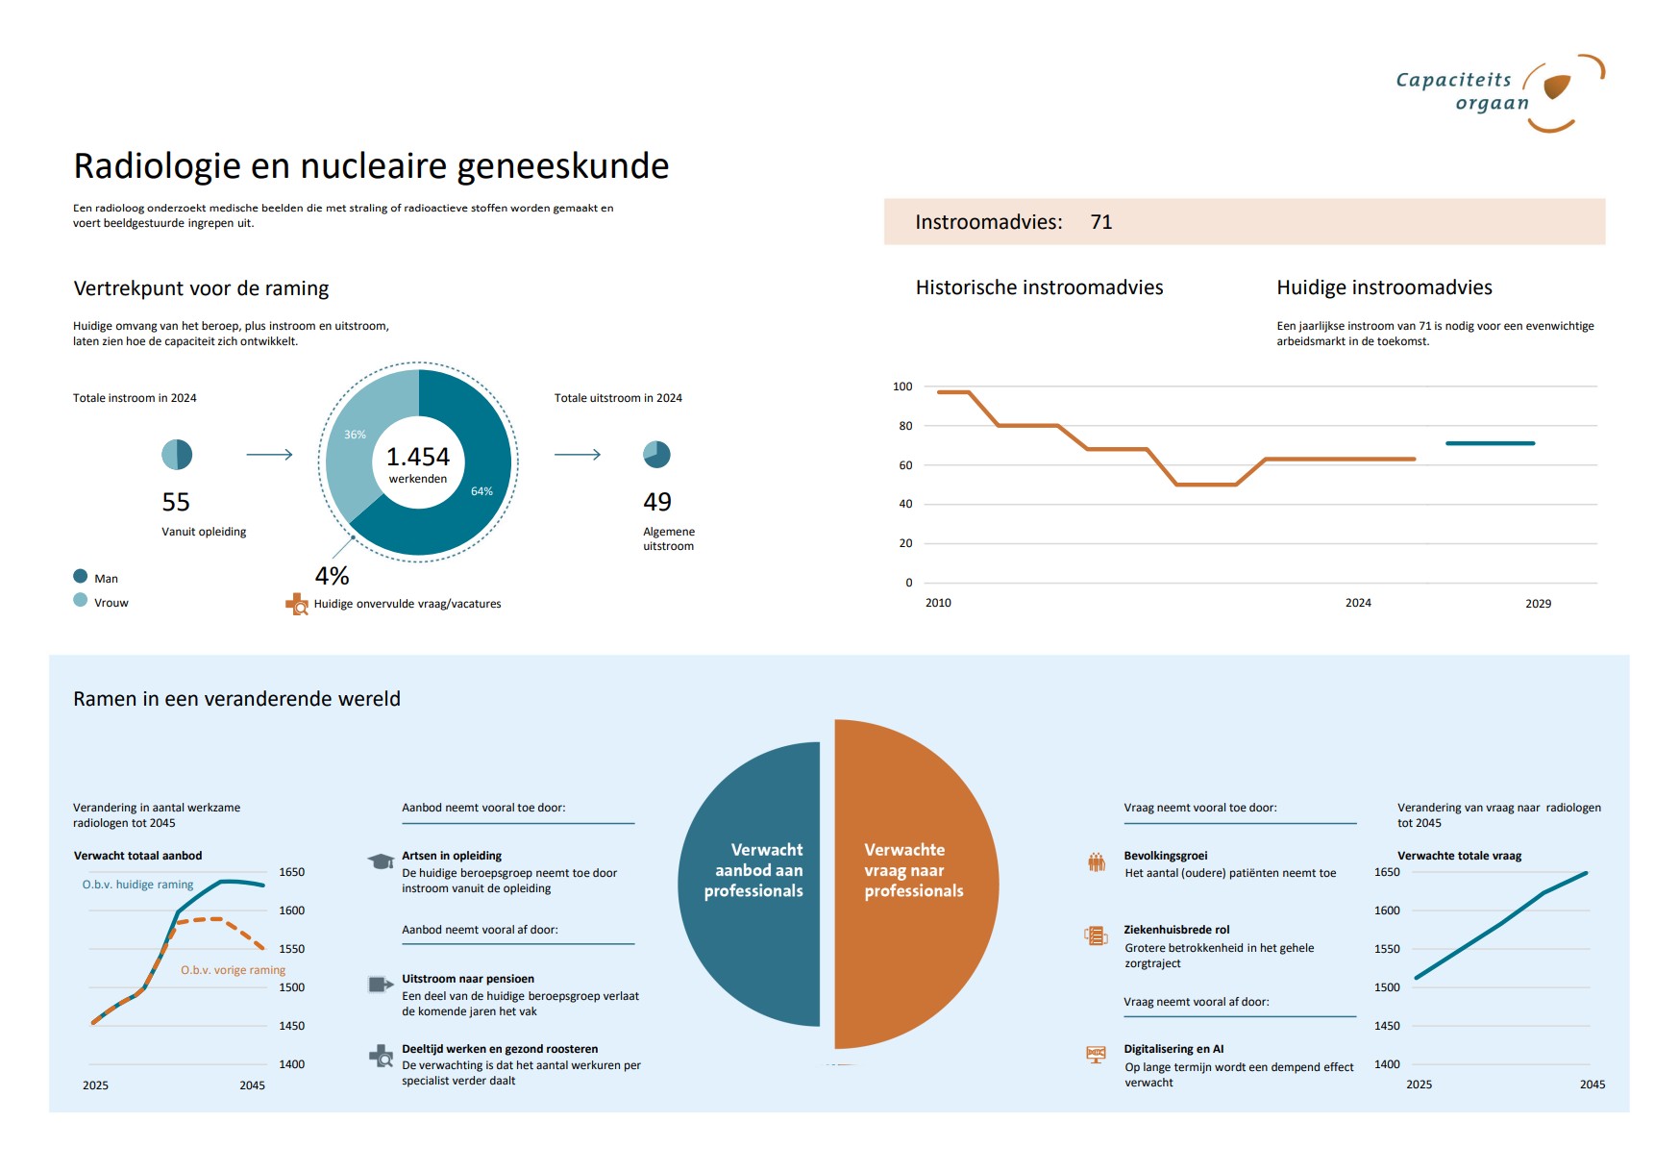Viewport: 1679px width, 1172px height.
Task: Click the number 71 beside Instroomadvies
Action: click(1100, 222)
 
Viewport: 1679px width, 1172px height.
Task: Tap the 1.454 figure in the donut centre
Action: click(417, 457)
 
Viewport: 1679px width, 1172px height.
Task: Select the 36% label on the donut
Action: click(355, 435)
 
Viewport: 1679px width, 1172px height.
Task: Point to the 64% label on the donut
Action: click(481, 491)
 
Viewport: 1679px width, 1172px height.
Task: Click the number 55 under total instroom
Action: click(176, 502)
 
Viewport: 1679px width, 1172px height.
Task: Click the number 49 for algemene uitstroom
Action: click(657, 502)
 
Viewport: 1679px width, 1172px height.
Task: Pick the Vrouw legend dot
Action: click(81, 600)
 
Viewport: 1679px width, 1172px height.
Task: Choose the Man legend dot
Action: click(81, 576)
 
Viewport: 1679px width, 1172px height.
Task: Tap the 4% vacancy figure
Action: click(332, 576)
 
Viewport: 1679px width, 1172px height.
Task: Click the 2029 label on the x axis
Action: click(1538, 604)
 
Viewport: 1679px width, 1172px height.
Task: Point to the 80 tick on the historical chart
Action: click(905, 426)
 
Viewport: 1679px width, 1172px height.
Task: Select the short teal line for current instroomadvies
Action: click(1490, 443)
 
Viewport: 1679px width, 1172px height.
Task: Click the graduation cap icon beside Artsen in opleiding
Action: click(381, 860)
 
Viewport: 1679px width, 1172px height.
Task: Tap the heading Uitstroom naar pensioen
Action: click(467, 979)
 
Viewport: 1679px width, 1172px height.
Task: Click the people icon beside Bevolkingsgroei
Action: click(1096, 862)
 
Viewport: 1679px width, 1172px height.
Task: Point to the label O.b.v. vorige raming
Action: click(233, 970)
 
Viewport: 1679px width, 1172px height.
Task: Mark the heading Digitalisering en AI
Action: click(1173, 1049)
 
